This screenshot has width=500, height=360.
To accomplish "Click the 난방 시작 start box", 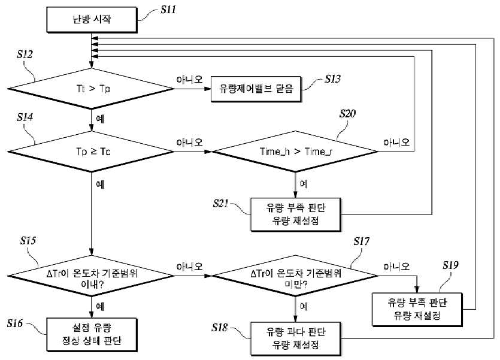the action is point(92,20).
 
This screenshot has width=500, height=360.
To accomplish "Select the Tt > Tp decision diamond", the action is point(91,89).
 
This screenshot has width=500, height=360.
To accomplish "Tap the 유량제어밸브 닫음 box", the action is point(256,89).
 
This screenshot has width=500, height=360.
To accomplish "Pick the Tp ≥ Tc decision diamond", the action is point(91,152).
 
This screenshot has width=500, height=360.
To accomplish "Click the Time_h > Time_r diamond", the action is point(295,152).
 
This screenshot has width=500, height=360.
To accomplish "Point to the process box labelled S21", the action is point(296,214).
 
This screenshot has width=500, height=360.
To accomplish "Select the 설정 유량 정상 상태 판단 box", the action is point(92,334).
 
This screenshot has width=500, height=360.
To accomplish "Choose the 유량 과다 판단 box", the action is point(296,338).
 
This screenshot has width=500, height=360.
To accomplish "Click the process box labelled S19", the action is point(417,309).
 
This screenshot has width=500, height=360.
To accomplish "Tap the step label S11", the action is point(168,10).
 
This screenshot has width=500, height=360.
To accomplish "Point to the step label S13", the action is point(332,78).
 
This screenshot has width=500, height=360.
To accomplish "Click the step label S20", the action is point(347,114).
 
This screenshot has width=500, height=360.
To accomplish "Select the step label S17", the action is point(361,241).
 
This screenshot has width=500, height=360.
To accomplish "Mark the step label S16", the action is point(15,323).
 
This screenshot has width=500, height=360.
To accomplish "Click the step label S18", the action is point(219,328).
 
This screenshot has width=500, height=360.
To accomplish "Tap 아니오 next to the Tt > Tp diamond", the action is point(190,80).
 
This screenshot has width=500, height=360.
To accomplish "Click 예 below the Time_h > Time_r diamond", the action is point(304,184).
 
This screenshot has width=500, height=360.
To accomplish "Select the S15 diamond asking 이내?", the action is point(91,276).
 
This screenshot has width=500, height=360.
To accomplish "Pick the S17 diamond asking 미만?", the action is point(295,276).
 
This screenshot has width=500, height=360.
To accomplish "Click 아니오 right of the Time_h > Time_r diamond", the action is point(396,142).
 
